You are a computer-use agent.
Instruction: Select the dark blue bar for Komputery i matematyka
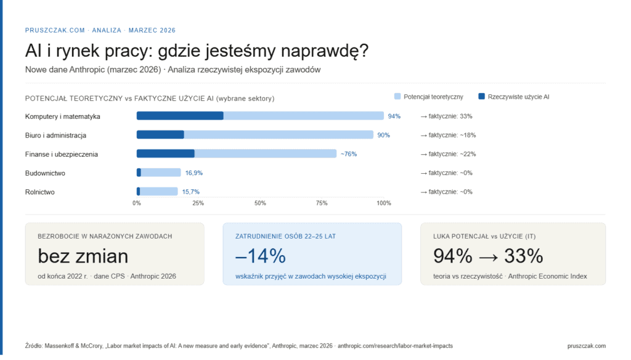179,116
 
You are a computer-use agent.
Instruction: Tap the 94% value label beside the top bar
394,116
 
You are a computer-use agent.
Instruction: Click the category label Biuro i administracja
55,135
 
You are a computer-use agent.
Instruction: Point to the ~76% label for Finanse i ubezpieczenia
349,154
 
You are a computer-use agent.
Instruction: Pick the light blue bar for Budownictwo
161,173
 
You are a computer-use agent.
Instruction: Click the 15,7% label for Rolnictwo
191,192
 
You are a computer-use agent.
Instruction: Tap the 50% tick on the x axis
260,203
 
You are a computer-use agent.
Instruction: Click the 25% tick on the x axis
198,203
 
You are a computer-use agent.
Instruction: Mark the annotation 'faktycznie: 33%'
446,116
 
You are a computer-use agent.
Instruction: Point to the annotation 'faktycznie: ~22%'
448,154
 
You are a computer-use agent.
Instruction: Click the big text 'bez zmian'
83,256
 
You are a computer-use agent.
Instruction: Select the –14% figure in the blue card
261,256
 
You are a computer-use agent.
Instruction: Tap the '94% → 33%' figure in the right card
488,256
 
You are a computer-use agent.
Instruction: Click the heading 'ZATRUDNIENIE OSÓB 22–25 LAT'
285,236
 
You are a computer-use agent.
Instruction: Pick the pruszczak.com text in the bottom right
586,346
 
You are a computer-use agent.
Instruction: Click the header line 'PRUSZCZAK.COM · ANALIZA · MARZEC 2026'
100,30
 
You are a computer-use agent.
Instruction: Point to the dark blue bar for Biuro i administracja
160,135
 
